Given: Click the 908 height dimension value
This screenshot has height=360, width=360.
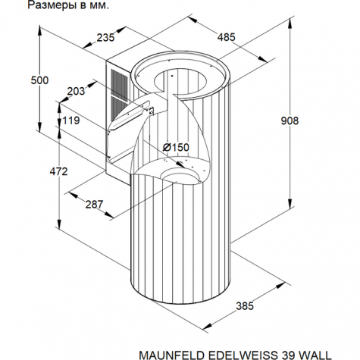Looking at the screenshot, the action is coord(290,121).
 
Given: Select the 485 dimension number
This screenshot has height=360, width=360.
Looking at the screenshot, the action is coord(227,37).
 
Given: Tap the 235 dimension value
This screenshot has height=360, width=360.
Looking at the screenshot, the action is coord(106,38).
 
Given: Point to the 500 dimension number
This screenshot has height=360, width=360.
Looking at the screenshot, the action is coord(39,80).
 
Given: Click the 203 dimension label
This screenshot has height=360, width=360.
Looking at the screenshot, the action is coord(76,91).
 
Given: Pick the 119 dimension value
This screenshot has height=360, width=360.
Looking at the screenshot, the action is coord(71,121).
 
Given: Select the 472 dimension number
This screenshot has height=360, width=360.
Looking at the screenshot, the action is coord(58,171).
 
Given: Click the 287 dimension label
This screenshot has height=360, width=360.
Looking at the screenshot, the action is coord(94,205).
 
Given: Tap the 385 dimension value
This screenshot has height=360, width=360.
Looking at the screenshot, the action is coord(245,306).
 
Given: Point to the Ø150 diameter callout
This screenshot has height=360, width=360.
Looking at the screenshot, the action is coord(176,147).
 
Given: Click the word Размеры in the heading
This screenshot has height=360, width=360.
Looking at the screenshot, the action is coord(49,5).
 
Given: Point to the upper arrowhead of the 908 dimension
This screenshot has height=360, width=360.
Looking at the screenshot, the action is coord(290,24).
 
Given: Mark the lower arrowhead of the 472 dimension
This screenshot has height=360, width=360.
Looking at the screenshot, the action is coord(59,224).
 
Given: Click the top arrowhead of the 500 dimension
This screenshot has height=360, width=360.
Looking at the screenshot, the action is coord(39,31).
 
